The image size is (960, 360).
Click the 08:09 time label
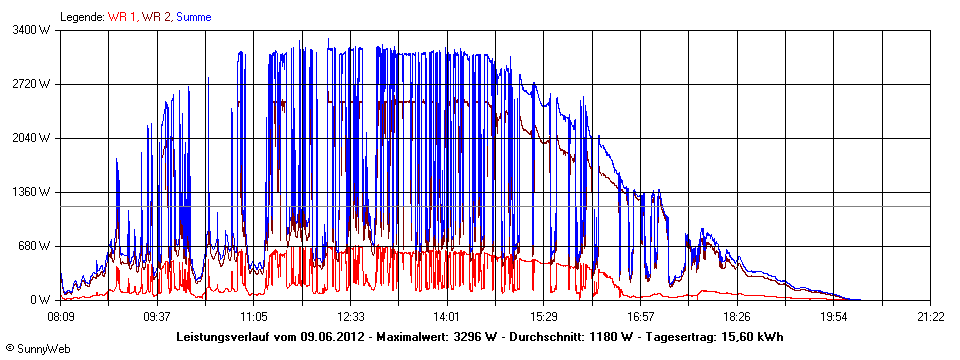(61, 316)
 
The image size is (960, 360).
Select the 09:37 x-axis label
(157, 316)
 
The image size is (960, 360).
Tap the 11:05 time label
(254, 316)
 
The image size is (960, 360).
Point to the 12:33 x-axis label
(351, 316)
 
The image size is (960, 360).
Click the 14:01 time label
(447, 316)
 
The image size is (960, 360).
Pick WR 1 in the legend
(123, 17)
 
